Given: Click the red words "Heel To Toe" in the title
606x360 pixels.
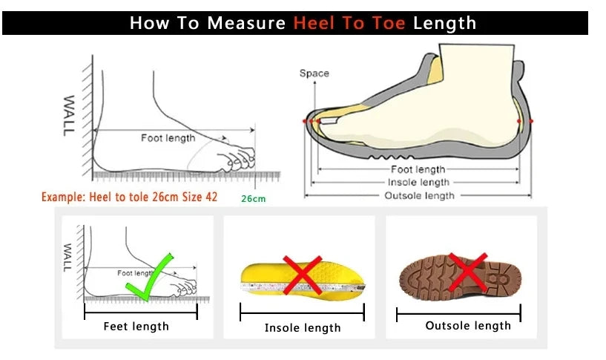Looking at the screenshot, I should [349, 23].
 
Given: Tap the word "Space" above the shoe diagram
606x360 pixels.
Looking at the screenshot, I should [314, 73].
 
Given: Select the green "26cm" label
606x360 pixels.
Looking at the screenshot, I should [253, 199].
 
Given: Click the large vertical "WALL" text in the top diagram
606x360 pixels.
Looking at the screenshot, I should [68, 115].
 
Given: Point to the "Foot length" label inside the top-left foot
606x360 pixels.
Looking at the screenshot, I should [168, 137].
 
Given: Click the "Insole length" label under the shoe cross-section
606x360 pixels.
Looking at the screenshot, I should [418, 182].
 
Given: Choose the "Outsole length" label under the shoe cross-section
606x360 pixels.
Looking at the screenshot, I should [419, 195].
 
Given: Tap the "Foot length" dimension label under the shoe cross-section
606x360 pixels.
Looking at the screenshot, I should [418, 169].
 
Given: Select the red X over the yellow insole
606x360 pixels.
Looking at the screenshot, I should [302, 275].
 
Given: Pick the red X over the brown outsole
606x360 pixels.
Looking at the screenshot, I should [468, 272].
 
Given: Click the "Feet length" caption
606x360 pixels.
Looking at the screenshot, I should [136, 326].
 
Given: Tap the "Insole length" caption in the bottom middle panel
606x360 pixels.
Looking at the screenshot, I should [303, 327].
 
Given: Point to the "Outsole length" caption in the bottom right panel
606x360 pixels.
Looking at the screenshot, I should [468, 325].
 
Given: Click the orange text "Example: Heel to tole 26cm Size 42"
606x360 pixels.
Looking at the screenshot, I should [129, 197].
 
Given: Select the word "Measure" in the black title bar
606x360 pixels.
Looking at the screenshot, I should [246, 23].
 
